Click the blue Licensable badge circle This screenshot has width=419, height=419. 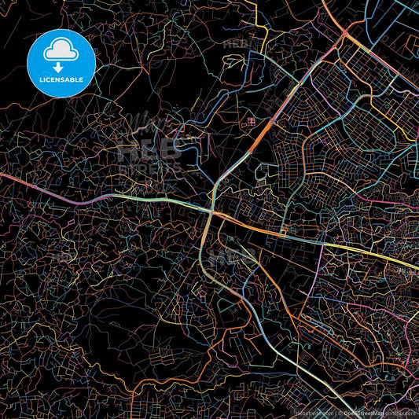click(x=61, y=63)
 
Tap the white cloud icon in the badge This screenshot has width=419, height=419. click(x=61, y=51)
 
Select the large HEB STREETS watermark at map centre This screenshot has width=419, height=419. click(x=149, y=153)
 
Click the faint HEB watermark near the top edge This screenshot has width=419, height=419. click(x=236, y=45)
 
